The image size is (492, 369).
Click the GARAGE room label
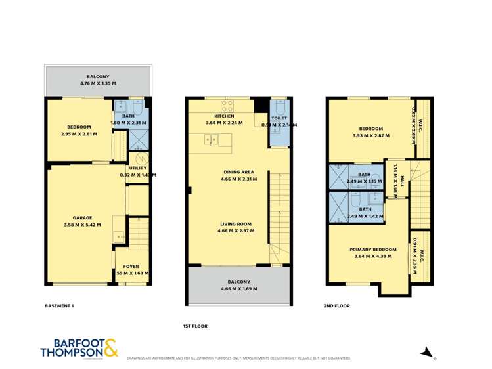tap(83, 217)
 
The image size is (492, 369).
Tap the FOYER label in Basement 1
tap(122, 267)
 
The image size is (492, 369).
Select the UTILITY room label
tap(138, 168)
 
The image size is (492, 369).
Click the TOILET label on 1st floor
tap(280, 118)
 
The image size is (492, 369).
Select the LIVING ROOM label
tap(236, 224)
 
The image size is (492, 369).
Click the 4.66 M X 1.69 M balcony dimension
tap(239, 288)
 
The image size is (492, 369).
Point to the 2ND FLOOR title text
tap(337, 306)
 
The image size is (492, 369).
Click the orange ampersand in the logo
tap(109, 349)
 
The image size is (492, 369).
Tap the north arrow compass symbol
tap(427, 353)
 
